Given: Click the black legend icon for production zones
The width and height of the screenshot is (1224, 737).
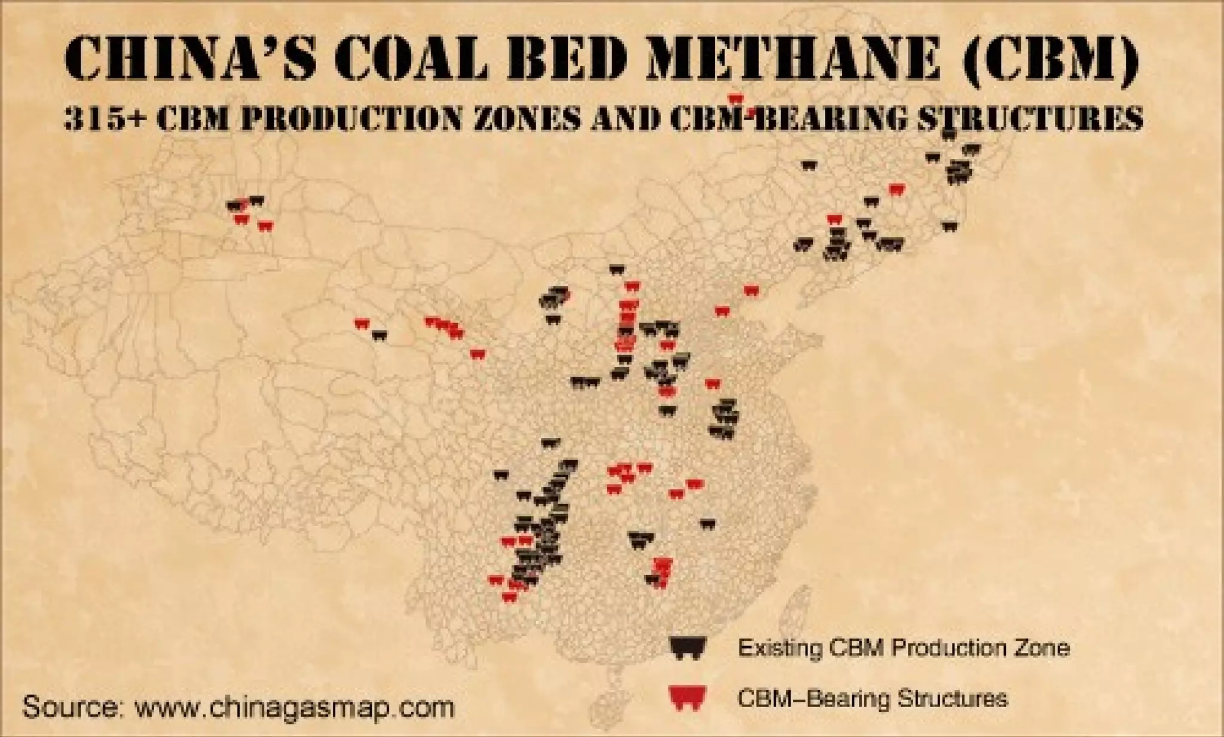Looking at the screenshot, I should point(688,647).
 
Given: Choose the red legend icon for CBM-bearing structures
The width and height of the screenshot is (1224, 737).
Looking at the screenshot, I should point(688,698).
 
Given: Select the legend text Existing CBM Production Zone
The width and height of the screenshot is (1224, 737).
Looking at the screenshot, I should point(903,647).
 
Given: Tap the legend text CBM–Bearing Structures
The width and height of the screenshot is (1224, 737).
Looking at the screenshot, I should point(873,698).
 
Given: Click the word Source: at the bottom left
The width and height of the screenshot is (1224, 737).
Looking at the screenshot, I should point(72,707).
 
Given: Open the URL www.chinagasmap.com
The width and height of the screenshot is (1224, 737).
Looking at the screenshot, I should point(294,707).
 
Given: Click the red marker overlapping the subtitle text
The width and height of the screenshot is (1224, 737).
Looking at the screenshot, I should point(735,99).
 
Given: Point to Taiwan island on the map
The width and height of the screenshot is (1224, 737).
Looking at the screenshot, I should point(793,603).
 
